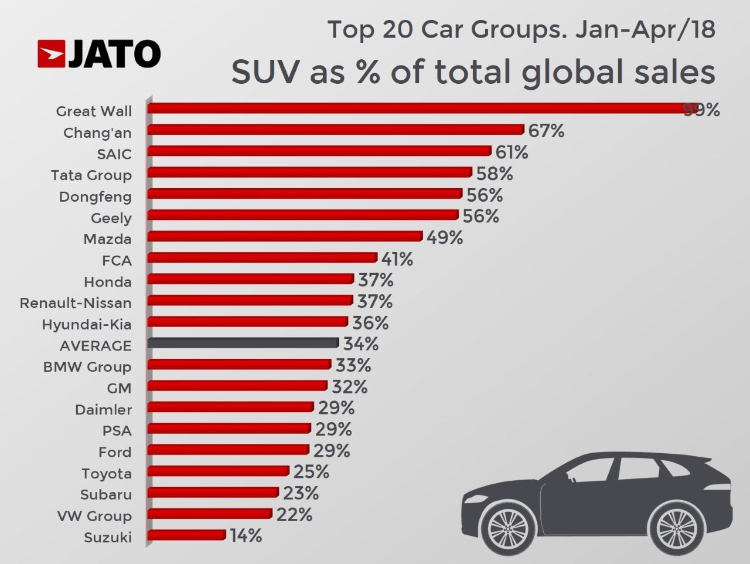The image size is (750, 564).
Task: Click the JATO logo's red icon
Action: coord(52,53)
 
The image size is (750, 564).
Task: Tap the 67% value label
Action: coord(546,131)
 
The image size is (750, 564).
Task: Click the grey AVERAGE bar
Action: coord(243,343)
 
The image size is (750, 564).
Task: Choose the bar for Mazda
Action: coord(285,236)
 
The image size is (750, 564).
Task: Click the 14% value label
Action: coord(246,536)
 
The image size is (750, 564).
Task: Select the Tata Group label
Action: coord(91,175)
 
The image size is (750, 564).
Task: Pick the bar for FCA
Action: coord(262,258)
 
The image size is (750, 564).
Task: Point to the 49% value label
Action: coord(445,237)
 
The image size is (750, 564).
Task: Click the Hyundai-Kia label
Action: coord(87,324)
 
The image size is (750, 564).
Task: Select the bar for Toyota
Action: coord(218,471)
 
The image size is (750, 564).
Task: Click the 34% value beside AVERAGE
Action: coord(360,344)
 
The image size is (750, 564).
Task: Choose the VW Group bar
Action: coord(210,514)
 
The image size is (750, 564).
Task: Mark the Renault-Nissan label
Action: coord(76,303)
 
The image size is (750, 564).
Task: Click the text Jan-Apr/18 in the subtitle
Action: coord(645,29)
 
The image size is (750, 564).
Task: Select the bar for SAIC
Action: coord(319,151)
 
